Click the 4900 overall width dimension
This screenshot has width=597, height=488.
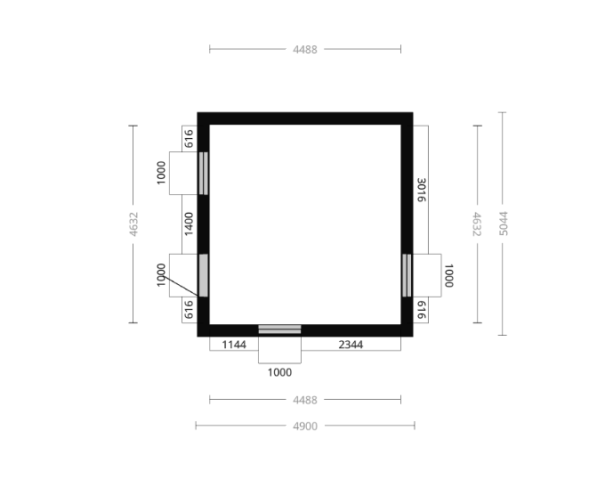pyautogui.click(x=305, y=426)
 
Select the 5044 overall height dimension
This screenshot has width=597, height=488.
pyautogui.click(x=503, y=224)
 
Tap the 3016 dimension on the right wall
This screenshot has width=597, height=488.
pyautogui.click(x=421, y=190)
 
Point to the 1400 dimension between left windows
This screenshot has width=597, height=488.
pyautogui.click(x=189, y=224)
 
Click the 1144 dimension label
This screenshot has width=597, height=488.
pyautogui.click(x=234, y=345)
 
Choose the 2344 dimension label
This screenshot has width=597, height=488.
pyautogui.click(x=351, y=345)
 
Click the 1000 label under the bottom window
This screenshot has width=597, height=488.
pyautogui.click(x=279, y=372)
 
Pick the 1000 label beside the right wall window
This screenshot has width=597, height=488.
pyautogui.click(x=449, y=275)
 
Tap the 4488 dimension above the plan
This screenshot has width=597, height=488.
pyautogui.click(x=305, y=50)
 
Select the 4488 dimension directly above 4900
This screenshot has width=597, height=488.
pyautogui.click(x=305, y=400)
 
